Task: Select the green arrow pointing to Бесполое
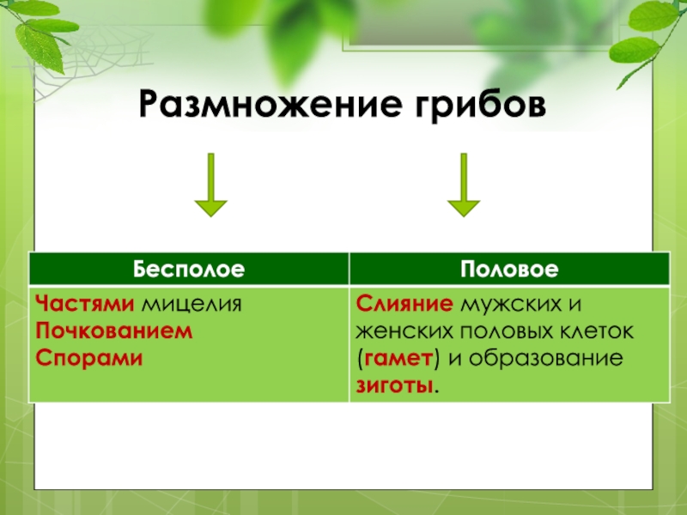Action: [210, 184]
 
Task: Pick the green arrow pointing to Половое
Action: [464, 184]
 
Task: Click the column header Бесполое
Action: [189, 270]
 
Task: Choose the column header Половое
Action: [509, 270]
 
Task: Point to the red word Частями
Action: [84, 305]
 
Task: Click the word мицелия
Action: [192, 305]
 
